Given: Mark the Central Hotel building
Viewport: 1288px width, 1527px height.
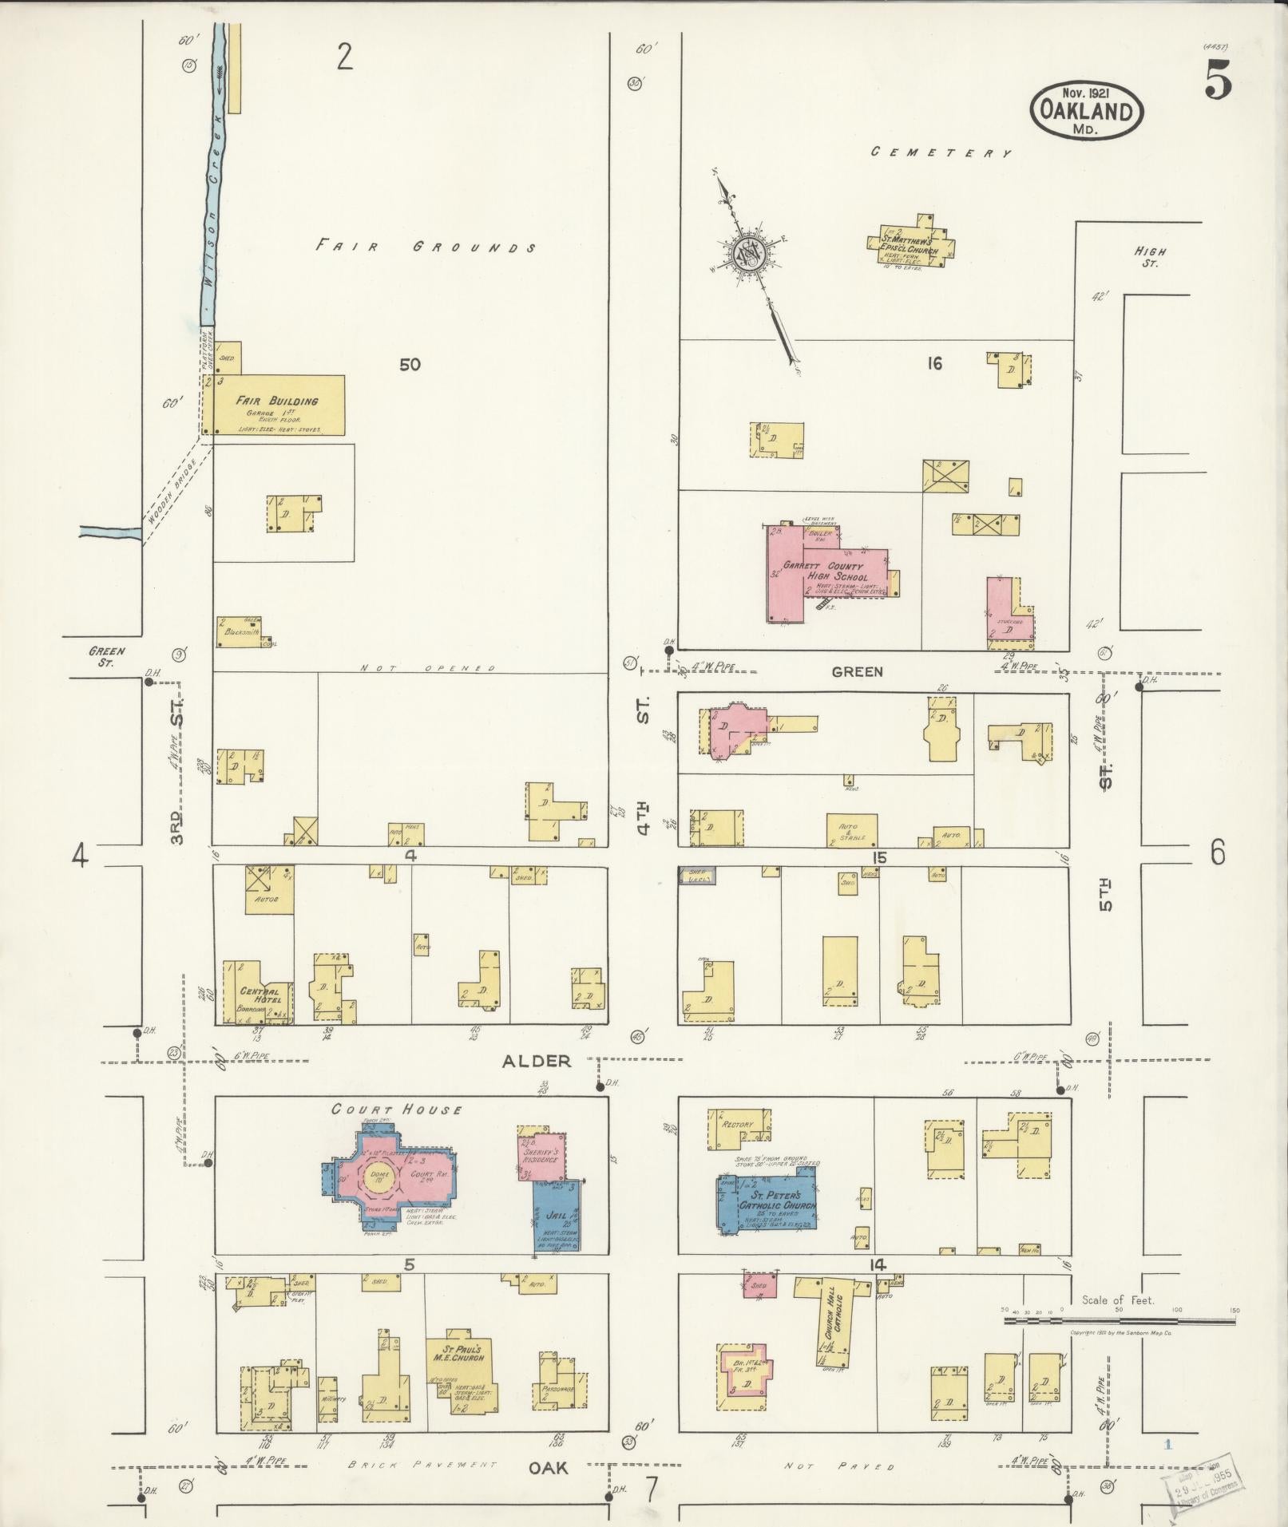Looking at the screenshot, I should (x=258, y=994).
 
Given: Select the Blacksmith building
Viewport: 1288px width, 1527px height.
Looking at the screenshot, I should (x=237, y=631).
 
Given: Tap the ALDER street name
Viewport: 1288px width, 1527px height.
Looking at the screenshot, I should (x=537, y=1061).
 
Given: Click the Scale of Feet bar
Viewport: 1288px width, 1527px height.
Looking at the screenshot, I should (x=1118, y=1322).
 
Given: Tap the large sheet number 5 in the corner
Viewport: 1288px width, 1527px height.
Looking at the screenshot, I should (x=1217, y=81).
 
